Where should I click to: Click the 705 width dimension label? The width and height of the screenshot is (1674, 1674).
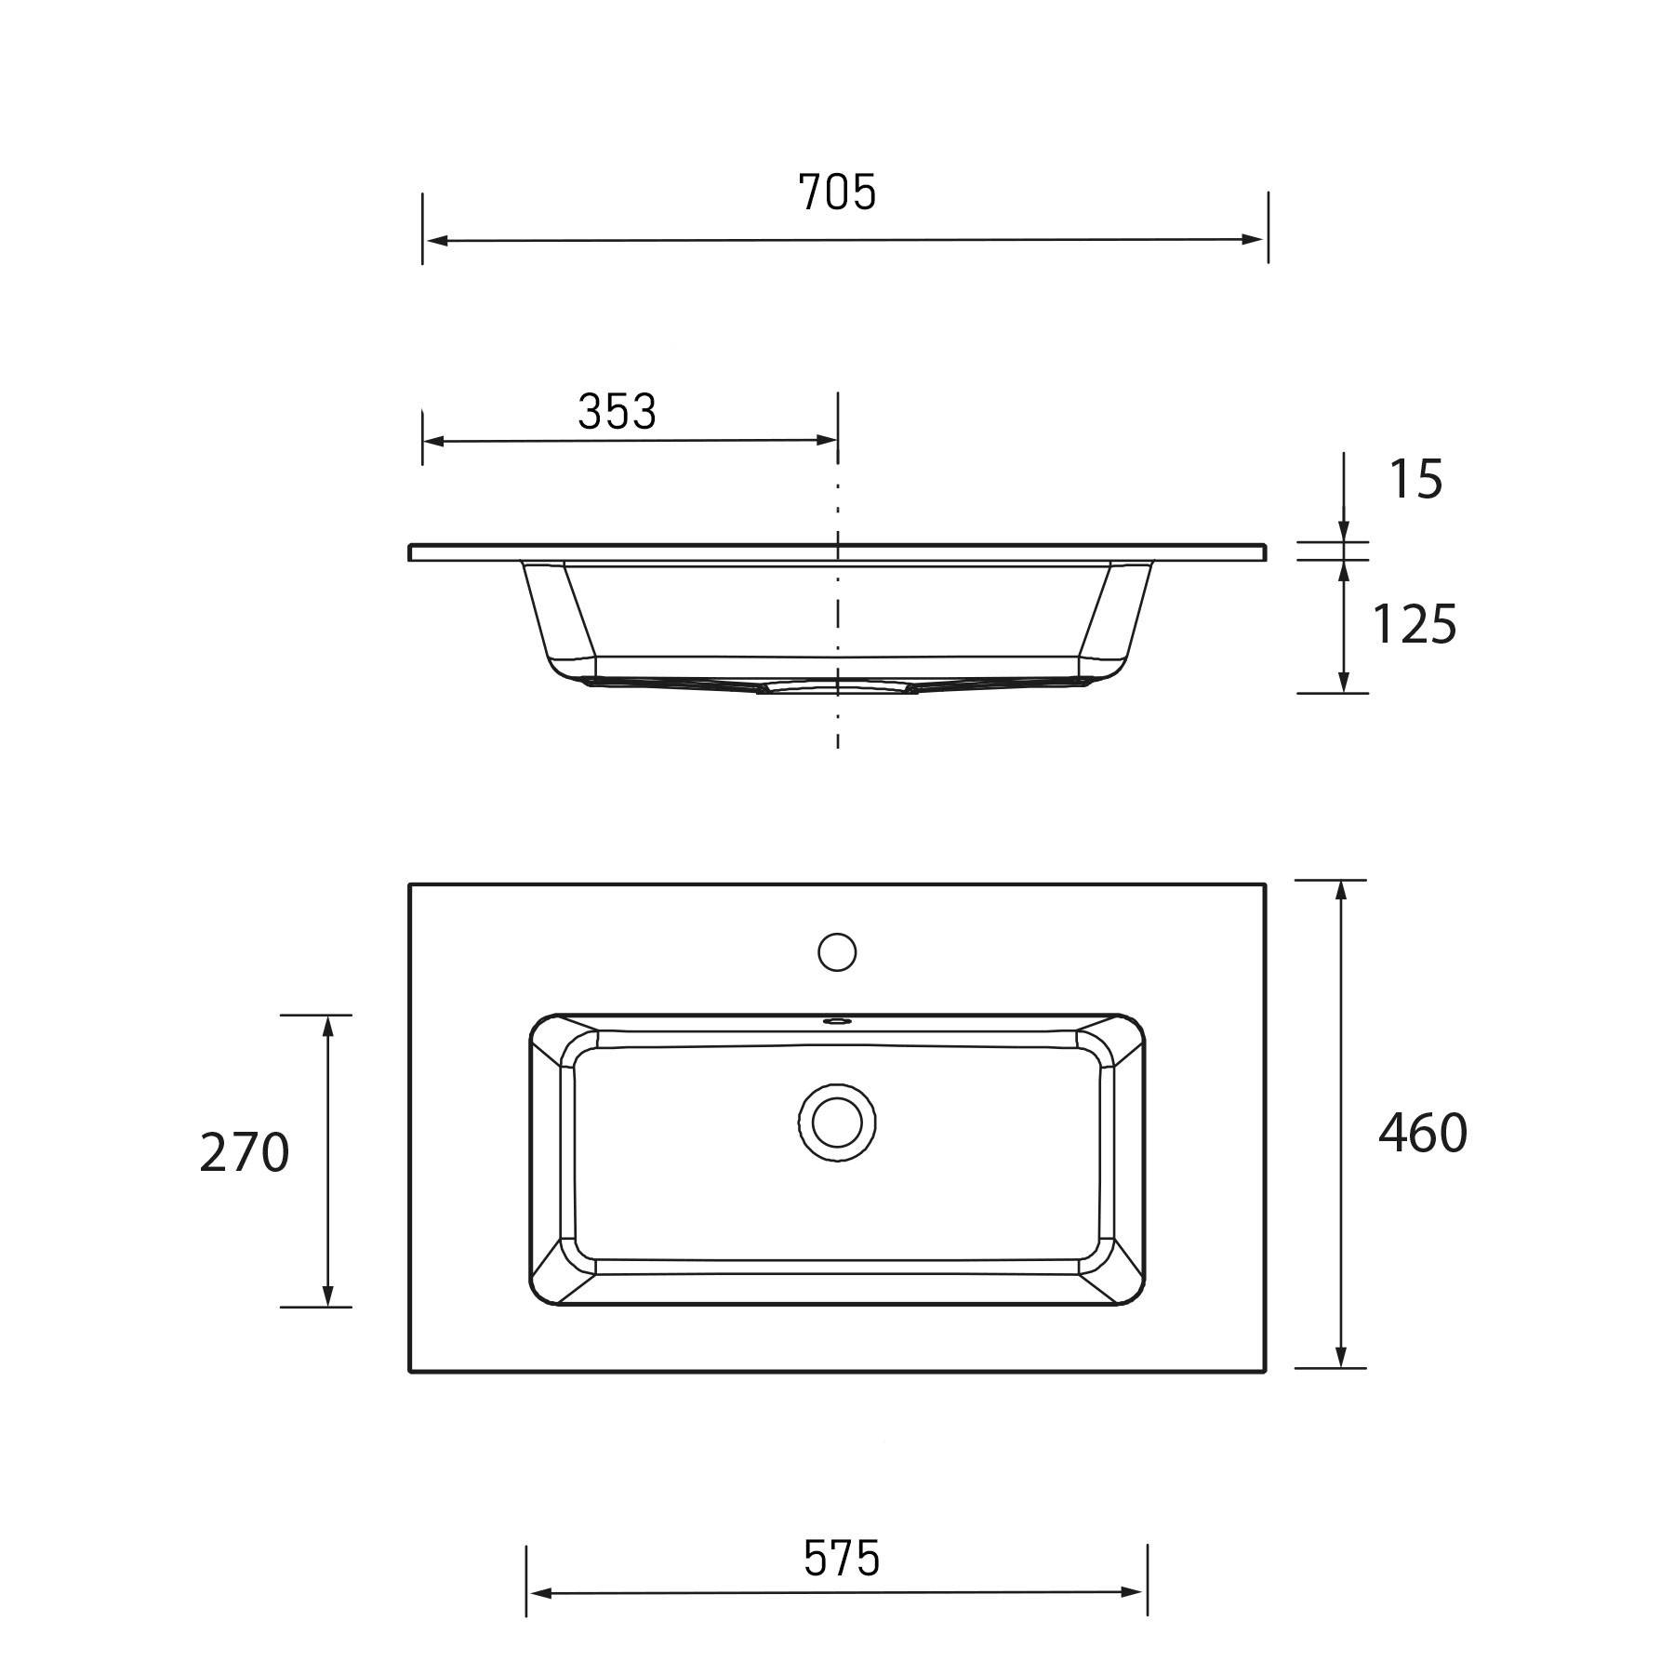click(837, 193)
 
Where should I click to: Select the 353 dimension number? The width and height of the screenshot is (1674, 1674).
click(617, 411)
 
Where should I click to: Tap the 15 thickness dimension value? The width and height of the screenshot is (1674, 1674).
click(1415, 480)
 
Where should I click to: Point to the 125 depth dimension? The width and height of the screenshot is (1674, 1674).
click(1414, 624)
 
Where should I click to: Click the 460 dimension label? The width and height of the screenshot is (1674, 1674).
click(1422, 1133)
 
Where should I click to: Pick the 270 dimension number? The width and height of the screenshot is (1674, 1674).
click(245, 1153)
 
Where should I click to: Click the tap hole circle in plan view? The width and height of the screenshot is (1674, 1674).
click(837, 951)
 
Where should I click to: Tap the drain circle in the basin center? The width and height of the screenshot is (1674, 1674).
click(837, 1122)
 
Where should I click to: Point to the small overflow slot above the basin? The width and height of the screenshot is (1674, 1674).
click(837, 1020)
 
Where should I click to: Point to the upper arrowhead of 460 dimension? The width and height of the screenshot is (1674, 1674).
click(1341, 891)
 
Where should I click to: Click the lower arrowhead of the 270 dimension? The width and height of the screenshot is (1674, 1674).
click(327, 1295)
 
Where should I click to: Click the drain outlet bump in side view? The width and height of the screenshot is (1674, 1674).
click(837, 687)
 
